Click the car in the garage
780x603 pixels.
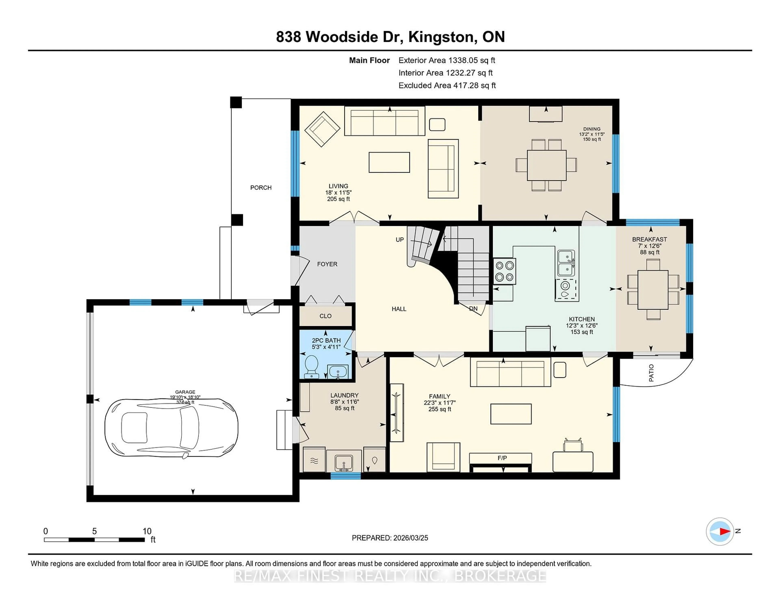[x=171, y=428]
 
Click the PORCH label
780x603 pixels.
[x=261, y=188]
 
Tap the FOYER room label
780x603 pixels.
[x=327, y=264]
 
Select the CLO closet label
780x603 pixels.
[x=325, y=316]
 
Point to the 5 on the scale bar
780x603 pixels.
[x=94, y=531]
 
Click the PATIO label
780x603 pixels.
[x=651, y=373]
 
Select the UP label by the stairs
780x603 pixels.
[x=400, y=239]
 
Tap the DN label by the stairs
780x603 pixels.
[x=473, y=308]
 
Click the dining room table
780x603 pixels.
[x=546, y=165]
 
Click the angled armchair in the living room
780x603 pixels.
[x=322, y=129]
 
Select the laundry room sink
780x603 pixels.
[x=343, y=463]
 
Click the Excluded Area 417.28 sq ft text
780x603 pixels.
[x=447, y=85]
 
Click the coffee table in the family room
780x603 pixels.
[x=511, y=414]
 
